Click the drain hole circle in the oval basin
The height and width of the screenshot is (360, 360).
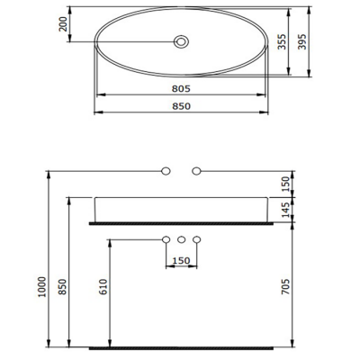(181, 41)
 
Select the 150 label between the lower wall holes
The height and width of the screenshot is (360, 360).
(181, 261)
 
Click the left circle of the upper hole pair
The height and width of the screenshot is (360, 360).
(166, 170)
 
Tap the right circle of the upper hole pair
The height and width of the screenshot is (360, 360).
(197, 170)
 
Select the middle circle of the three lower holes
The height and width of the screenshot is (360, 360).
(181, 239)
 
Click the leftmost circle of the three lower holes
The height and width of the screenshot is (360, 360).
(166, 239)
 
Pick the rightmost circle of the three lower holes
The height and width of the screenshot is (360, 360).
(197, 239)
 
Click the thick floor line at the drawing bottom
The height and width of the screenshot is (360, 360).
(183, 346)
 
